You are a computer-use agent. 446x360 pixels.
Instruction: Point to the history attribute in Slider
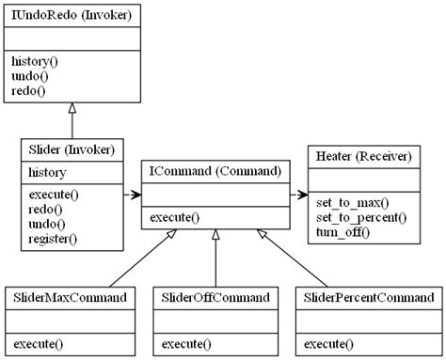47,173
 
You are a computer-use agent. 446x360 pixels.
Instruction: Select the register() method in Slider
53,239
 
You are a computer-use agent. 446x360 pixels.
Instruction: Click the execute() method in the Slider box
54,194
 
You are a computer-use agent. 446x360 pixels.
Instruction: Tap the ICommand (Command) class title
215,172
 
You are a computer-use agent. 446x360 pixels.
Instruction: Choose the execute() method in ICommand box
175,218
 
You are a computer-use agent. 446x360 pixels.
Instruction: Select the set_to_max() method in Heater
352,201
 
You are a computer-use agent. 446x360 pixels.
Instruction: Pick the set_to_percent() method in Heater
360,216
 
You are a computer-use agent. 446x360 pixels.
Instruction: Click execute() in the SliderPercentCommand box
329,343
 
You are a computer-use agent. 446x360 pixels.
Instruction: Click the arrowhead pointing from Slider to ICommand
135,196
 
